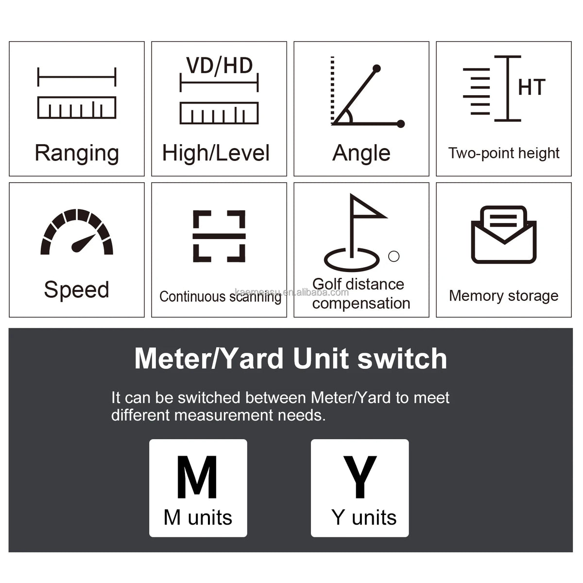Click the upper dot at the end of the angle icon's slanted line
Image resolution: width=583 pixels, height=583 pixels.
(x=377, y=69)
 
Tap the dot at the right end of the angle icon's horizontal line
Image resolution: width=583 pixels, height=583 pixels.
(x=400, y=124)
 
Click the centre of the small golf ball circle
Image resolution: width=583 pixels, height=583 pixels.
(x=394, y=256)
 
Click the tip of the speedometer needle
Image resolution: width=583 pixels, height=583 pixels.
(x=95, y=235)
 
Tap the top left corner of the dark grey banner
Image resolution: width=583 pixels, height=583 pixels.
(x=9, y=328)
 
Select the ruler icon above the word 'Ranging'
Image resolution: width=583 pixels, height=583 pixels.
(x=77, y=93)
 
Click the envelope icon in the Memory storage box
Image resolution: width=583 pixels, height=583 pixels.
(x=504, y=235)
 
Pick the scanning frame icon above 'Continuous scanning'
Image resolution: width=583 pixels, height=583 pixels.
(x=219, y=236)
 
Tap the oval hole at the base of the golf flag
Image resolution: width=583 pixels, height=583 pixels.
(x=352, y=259)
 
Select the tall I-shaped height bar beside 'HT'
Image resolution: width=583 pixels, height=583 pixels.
(x=508, y=88)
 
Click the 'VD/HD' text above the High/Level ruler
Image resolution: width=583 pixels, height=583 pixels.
(x=219, y=66)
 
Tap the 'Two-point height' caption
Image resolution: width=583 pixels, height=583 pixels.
(x=504, y=154)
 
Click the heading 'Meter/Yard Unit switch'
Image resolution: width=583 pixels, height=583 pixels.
(x=291, y=359)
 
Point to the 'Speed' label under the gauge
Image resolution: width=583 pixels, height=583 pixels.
(x=77, y=290)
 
